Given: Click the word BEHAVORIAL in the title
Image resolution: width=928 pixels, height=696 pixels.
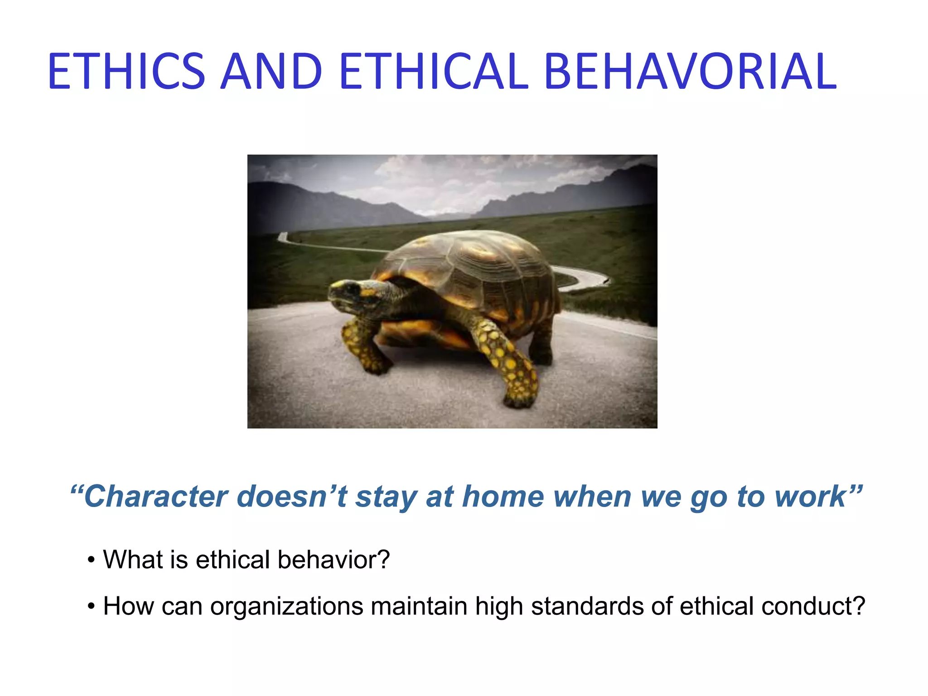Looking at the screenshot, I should pyautogui.click(x=690, y=72).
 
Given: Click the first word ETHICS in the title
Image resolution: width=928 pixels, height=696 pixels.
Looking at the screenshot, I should pyautogui.click(x=126, y=72).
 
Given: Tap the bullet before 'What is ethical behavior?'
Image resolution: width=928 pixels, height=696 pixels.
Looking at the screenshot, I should pyautogui.click(x=92, y=561).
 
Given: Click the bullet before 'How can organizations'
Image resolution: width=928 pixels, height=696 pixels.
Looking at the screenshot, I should pyautogui.click(x=92, y=607).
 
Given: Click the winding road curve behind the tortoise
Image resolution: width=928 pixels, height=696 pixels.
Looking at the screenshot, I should pyautogui.click(x=585, y=276).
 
